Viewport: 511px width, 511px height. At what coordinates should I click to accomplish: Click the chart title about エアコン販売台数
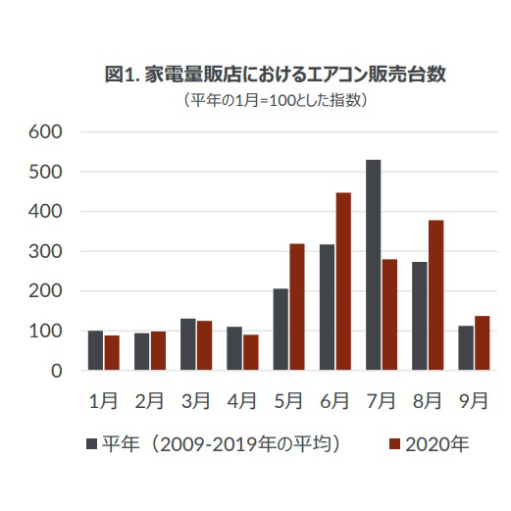[x=275, y=76]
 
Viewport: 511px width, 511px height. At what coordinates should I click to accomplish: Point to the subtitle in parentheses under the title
[x=275, y=100]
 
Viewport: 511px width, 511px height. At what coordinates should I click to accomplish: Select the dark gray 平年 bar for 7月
[x=373, y=265]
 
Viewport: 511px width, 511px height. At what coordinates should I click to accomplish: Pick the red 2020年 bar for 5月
[x=297, y=307]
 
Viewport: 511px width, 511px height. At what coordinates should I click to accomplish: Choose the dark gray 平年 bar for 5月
[x=281, y=330]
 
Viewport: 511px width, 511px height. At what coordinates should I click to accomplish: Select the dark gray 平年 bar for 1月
[x=95, y=350]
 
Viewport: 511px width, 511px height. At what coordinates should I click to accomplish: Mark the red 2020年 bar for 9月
[x=482, y=343]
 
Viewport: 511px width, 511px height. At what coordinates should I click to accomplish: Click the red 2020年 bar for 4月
[x=251, y=352]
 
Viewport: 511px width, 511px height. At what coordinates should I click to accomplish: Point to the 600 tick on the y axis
[x=46, y=131]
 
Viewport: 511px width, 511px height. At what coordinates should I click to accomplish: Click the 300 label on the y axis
[x=46, y=251]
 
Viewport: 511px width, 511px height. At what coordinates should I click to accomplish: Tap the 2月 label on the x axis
[x=149, y=400]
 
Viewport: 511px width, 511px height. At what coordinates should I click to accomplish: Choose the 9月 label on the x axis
[x=473, y=400]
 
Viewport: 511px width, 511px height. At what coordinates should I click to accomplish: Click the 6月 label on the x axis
[x=334, y=400]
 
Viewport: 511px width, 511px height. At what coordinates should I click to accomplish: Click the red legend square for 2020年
[x=398, y=444]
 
